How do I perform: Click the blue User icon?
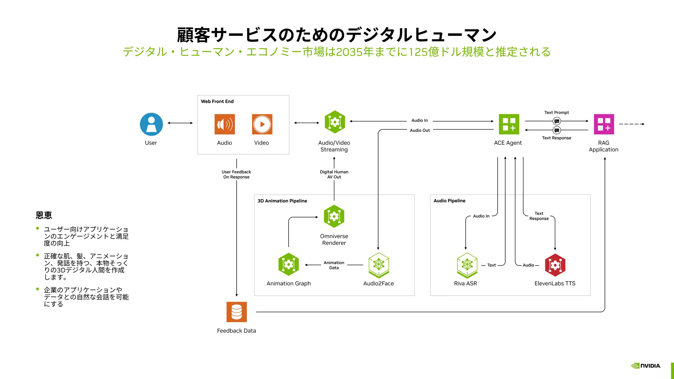(x=151, y=124)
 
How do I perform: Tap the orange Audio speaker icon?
(x=224, y=124)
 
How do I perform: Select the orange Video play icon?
(x=262, y=124)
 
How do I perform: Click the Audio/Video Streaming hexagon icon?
(x=335, y=122)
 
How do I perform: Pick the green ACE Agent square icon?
(x=509, y=124)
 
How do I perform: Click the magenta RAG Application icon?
(x=604, y=124)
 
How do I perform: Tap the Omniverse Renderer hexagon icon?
(x=334, y=216)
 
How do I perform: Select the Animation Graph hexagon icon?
(x=289, y=264)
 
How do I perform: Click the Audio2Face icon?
(x=379, y=265)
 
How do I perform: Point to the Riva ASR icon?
(x=467, y=265)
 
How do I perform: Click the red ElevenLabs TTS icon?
(x=555, y=265)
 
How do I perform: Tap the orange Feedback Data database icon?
(x=237, y=312)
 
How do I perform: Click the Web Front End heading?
(x=217, y=101)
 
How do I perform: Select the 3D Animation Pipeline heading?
(x=282, y=201)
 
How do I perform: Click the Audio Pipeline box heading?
(x=449, y=201)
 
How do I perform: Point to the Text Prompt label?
(x=557, y=113)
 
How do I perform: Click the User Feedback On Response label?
(x=236, y=174)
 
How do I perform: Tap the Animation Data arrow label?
(x=334, y=265)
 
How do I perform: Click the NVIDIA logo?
(x=646, y=366)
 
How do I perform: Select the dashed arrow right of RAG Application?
(x=631, y=124)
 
